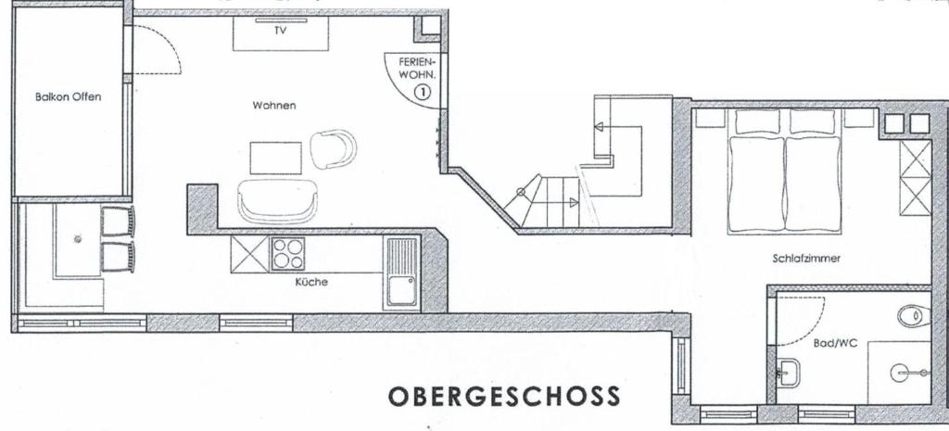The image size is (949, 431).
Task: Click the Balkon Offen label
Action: (x=68, y=96)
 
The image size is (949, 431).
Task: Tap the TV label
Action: (x=280, y=31)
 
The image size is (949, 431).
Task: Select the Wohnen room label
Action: (x=274, y=106)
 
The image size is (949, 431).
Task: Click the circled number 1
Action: (x=423, y=92)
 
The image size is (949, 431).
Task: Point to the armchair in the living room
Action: (x=333, y=149)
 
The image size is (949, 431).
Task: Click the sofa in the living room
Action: (x=278, y=201)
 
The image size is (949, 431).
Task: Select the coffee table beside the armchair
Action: (x=276, y=158)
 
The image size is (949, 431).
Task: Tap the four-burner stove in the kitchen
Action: (x=287, y=254)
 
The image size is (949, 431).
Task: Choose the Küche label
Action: (x=311, y=282)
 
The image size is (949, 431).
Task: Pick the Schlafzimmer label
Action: (x=806, y=259)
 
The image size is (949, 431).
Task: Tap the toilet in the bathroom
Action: (x=914, y=316)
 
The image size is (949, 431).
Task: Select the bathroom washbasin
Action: (x=788, y=372)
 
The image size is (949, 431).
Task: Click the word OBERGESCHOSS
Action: (x=504, y=397)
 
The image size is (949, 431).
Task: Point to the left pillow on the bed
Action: (x=758, y=121)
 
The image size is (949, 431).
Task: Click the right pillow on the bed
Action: (x=812, y=121)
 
